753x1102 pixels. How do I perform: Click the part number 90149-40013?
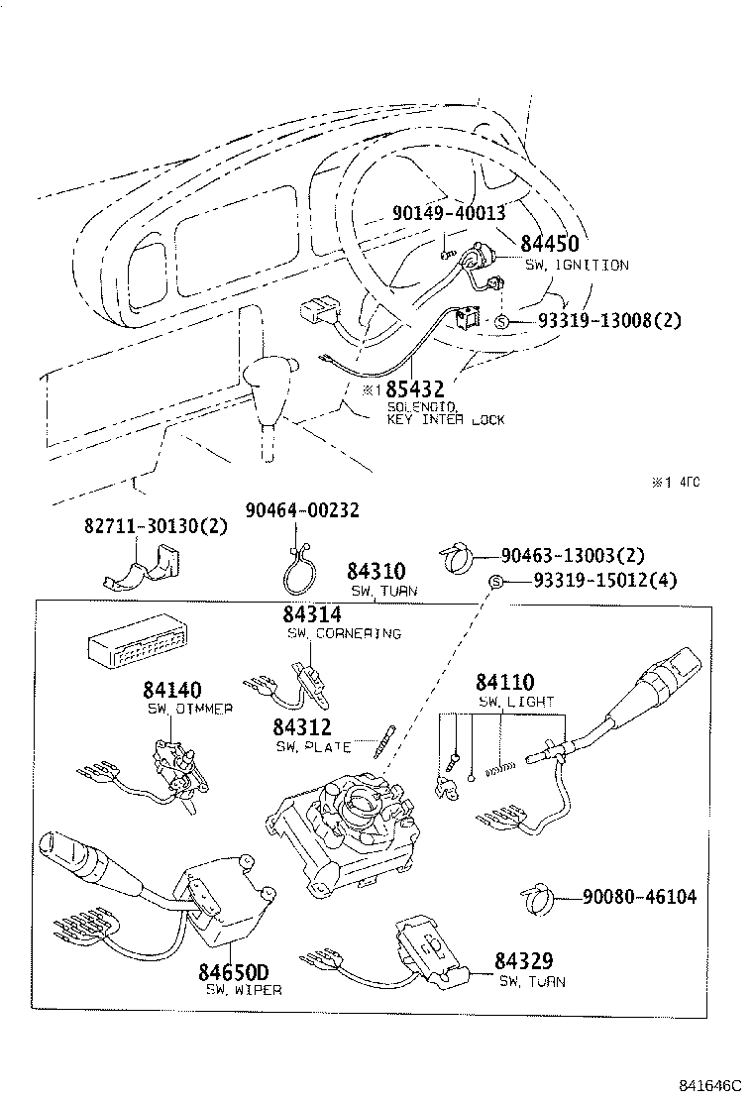(x=449, y=213)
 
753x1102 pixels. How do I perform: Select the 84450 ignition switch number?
(x=550, y=244)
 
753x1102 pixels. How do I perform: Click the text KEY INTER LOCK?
(x=445, y=420)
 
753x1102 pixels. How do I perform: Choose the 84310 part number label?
(x=376, y=572)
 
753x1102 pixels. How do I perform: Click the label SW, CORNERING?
(x=344, y=634)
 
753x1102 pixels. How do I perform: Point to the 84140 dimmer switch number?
(x=171, y=690)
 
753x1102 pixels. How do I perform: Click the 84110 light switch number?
(x=504, y=683)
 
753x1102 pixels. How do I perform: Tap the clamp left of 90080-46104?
(x=538, y=899)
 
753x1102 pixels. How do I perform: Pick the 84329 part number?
(x=524, y=961)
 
